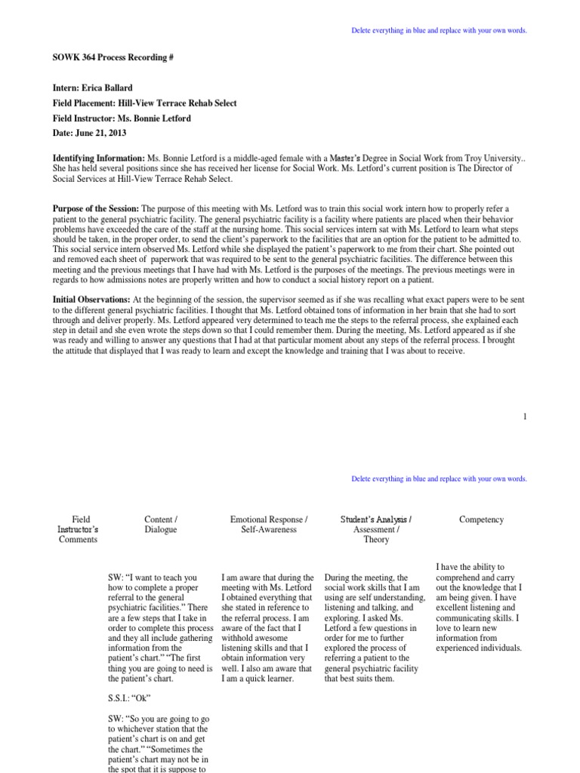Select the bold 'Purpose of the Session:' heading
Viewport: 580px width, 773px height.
(96, 208)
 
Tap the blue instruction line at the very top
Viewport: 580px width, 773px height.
(439, 30)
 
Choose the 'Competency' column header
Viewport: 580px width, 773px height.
(481, 519)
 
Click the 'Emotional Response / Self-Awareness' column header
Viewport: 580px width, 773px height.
(269, 525)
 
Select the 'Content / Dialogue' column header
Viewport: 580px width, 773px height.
(160, 525)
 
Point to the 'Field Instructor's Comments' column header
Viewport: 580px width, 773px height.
(79, 529)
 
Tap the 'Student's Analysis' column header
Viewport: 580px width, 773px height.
(375, 519)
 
